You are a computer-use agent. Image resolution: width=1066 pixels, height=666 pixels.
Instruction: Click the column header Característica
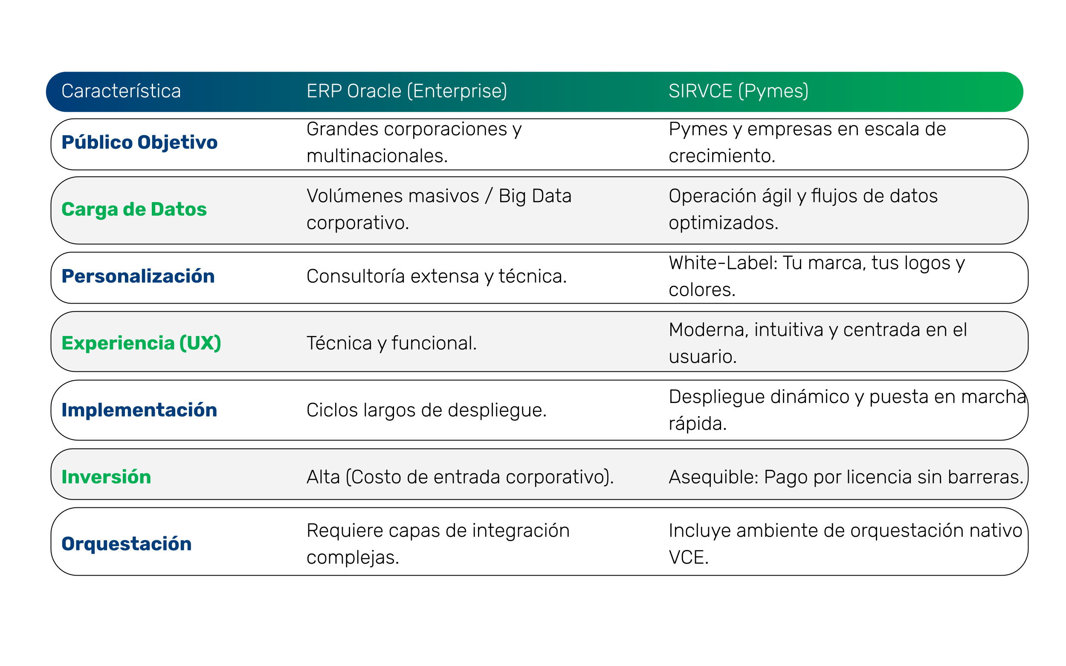(x=121, y=91)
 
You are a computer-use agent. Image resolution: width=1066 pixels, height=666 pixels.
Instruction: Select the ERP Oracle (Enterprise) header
(x=407, y=91)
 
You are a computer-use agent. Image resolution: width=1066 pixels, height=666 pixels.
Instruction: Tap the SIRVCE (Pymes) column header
(x=738, y=91)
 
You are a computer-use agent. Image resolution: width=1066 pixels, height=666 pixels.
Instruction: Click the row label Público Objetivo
(x=139, y=142)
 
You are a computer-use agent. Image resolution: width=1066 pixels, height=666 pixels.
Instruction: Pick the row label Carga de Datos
(x=134, y=209)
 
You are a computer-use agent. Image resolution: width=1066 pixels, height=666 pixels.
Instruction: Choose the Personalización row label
(x=138, y=276)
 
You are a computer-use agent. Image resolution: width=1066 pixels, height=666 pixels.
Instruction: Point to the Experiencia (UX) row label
(x=141, y=343)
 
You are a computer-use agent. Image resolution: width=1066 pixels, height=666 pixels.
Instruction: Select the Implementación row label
(x=139, y=410)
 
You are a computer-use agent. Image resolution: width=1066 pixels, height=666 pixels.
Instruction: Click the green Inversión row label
(x=106, y=477)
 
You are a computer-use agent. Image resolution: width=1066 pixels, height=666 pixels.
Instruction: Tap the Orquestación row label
(x=126, y=544)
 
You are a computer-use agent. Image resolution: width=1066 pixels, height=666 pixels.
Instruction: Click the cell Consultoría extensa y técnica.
(x=437, y=277)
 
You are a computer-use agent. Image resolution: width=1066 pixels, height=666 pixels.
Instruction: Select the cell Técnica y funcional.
(x=391, y=344)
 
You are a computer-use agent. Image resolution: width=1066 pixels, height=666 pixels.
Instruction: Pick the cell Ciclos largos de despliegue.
(x=426, y=411)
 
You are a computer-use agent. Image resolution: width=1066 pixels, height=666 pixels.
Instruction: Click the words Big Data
(x=535, y=196)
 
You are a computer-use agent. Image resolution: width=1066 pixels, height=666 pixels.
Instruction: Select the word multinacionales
(x=377, y=156)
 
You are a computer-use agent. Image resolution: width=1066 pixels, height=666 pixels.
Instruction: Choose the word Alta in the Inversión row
(x=323, y=478)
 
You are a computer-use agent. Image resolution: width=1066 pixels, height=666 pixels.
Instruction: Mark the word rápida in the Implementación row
(x=697, y=424)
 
